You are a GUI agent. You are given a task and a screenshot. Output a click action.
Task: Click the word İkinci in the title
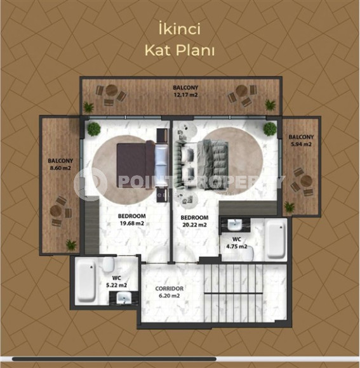[x=180, y=29]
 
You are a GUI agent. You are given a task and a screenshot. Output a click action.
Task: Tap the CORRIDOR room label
[x=170, y=289]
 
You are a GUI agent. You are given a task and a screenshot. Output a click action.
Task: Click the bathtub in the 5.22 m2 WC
[x=86, y=281]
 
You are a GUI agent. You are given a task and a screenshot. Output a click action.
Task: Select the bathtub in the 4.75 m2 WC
[x=276, y=239]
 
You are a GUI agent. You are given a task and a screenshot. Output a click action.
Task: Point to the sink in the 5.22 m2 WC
[x=124, y=298]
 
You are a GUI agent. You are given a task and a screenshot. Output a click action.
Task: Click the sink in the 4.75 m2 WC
[x=234, y=225]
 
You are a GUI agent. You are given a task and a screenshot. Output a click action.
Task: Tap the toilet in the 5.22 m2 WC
[x=109, y=265]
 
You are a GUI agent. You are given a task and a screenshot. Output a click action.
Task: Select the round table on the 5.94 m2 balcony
[x=306, y=181]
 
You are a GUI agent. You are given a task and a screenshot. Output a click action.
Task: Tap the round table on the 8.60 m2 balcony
[x=56, y=211]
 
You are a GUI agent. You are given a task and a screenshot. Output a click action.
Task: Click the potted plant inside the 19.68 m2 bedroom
[x=94, y=129]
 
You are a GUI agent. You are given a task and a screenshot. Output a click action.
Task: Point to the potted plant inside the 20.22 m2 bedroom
[x=270, y=129]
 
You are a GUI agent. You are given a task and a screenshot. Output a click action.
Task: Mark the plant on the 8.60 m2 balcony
[x=71, y=244]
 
